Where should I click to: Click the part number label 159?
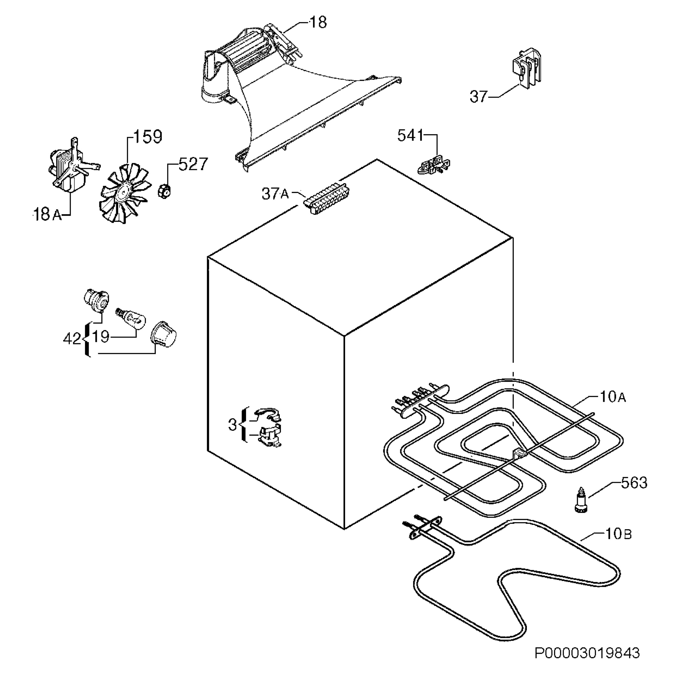[x=148, y=136]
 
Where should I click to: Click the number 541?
[x=410, y=136]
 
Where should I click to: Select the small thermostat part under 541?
[x=434, y=165]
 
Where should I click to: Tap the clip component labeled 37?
[x=527, y=68]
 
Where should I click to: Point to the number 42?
[x=72, y=339]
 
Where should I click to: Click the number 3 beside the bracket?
[x=233, y=425]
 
